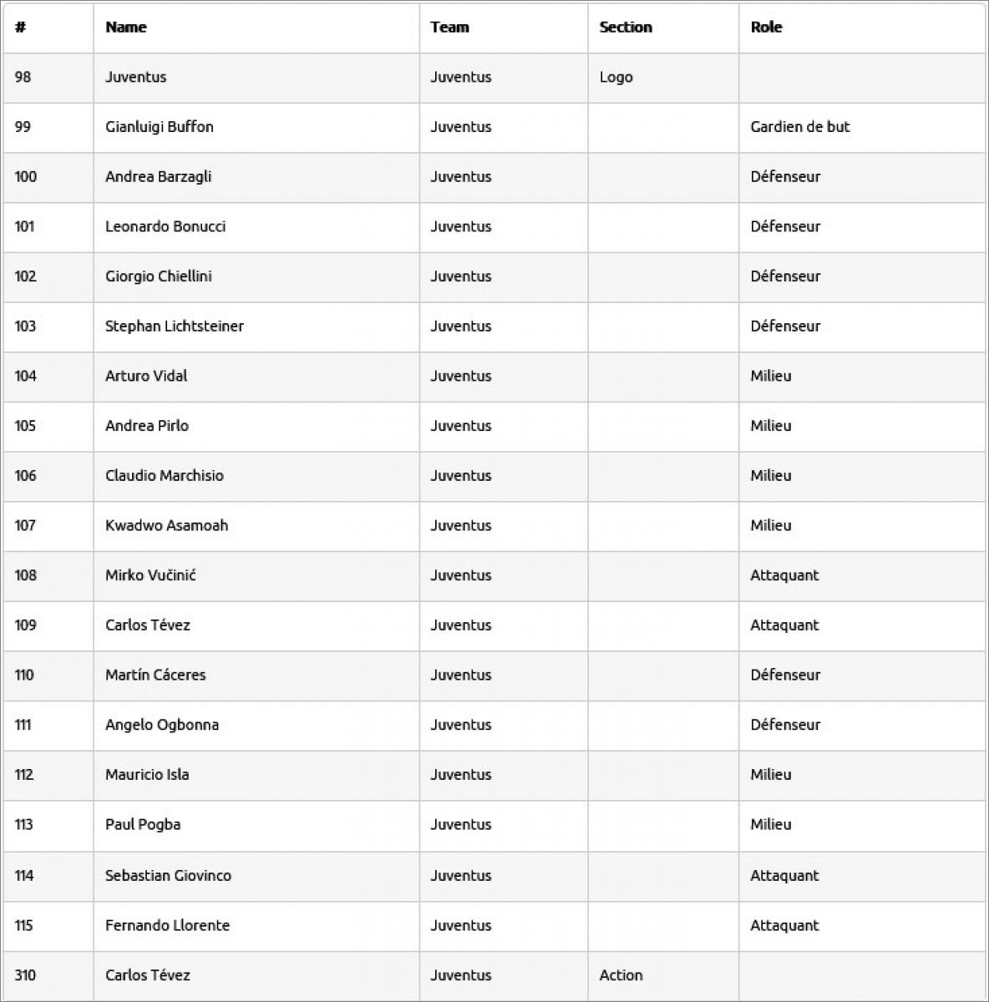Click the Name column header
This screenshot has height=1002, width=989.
[126, 28]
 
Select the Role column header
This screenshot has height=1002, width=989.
[766, 28]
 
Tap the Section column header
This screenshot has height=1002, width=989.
[625, 28]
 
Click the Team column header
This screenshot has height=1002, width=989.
[449, 28]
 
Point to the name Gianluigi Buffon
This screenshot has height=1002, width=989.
[160, 127]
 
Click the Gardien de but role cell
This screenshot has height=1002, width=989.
[799, 127]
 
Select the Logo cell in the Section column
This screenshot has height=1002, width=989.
[616, 77]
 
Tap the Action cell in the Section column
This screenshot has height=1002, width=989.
[621, 975]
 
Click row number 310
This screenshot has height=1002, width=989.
[25, 975]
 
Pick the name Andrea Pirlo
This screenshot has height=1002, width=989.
[147, 426]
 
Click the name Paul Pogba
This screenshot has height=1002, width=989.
[143, 825]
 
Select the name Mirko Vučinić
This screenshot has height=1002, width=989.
[150, 575]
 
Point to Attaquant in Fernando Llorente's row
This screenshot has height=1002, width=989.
[784, 925]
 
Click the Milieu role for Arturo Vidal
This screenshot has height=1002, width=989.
[770, 376]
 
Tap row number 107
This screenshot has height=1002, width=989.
[25, 525]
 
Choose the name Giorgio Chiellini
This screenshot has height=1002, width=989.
[159, 276]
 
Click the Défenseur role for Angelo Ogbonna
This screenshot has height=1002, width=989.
[785, 725]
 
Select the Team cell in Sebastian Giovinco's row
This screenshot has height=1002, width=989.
[461, 875]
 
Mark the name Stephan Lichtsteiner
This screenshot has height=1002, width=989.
[175, 326]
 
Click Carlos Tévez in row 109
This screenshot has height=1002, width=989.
[148, 625]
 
